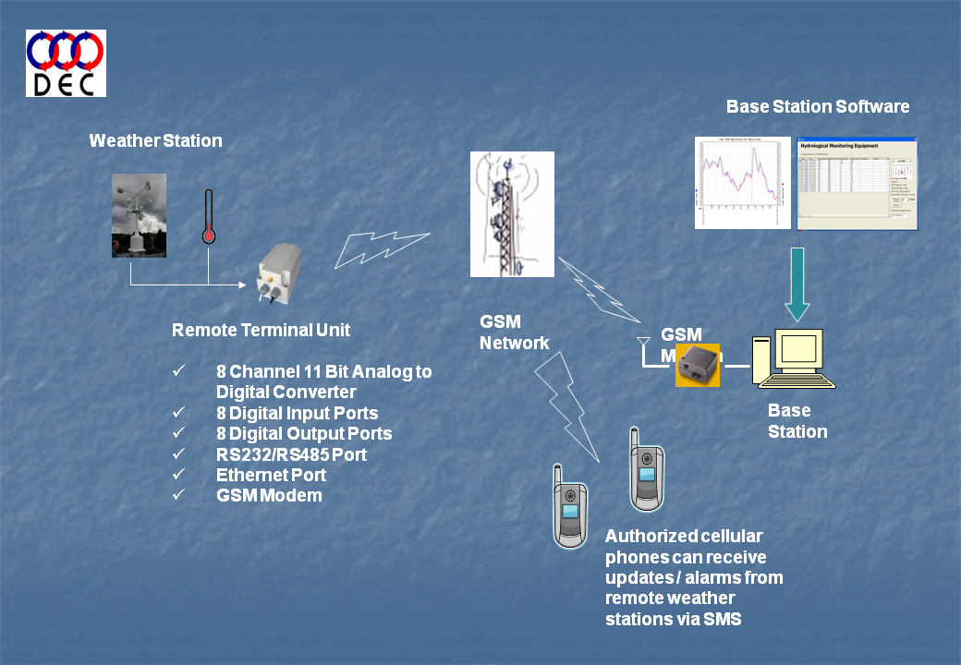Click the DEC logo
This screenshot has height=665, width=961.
[66, 63]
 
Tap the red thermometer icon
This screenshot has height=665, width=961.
[209, 218]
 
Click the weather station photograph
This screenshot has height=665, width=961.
[139, 215]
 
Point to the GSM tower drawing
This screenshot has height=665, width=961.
[512, 214]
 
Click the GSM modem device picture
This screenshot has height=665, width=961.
[698, 365]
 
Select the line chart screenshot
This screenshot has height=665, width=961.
[743, 183]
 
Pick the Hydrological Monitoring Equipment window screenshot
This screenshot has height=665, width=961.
[857, 183]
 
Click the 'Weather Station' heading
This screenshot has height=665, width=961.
[155, 141]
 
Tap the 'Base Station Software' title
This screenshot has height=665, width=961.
[818, 106]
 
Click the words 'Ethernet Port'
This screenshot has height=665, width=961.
[271, 476]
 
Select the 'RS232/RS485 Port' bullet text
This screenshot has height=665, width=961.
[291, 454]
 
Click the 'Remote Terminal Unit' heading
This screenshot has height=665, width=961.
[262, 331]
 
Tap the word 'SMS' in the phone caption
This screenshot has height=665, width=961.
[721, 619]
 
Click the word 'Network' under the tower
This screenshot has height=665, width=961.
[514, 343]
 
